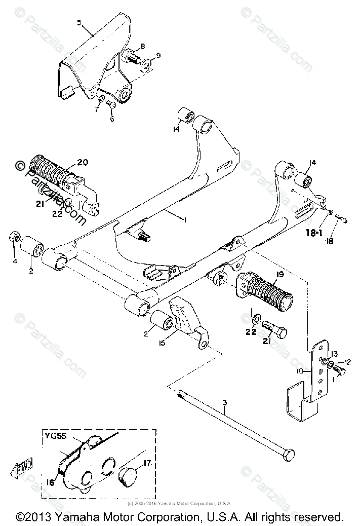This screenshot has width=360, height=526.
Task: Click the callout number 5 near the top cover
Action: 79,22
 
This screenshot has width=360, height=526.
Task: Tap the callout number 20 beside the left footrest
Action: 83,162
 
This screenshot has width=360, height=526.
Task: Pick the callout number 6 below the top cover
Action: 112,120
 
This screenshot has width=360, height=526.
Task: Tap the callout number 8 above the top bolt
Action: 142,46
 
